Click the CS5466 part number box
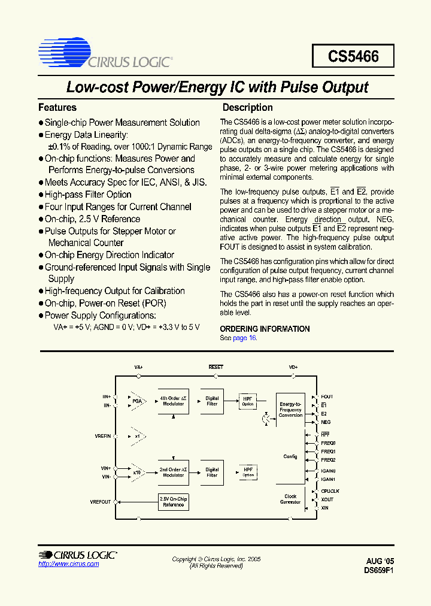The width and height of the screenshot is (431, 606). tap(353, 56)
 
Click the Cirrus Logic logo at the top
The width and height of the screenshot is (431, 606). tap(105, 53)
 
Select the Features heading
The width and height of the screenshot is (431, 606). tap(57, 108)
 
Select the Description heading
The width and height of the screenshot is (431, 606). tap(247, 108)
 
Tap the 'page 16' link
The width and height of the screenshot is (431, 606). tap(244, 338)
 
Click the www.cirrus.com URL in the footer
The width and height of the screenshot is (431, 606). tap(68, 564)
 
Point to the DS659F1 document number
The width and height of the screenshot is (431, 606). tap(379, 571)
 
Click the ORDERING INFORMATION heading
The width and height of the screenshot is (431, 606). tap(265, 329)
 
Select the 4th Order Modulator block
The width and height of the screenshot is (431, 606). tap(174, 401)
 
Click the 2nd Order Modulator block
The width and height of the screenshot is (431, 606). tap(174, 472)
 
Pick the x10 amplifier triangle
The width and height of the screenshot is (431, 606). tap(136, 472)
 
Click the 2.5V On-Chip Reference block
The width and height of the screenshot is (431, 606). tap(174, 502)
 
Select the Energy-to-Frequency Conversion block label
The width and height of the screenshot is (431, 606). tap(290, 410)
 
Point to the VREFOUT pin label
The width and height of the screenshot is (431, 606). tap(101, 502)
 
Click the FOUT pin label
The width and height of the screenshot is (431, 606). tap(327, 396)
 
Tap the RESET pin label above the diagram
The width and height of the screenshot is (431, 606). tap(215, 366)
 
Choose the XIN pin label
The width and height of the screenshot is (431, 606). tap(325, 508)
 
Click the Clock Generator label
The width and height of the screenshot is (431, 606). tap(290, 499)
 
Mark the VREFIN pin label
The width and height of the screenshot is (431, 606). tap(102, 437)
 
